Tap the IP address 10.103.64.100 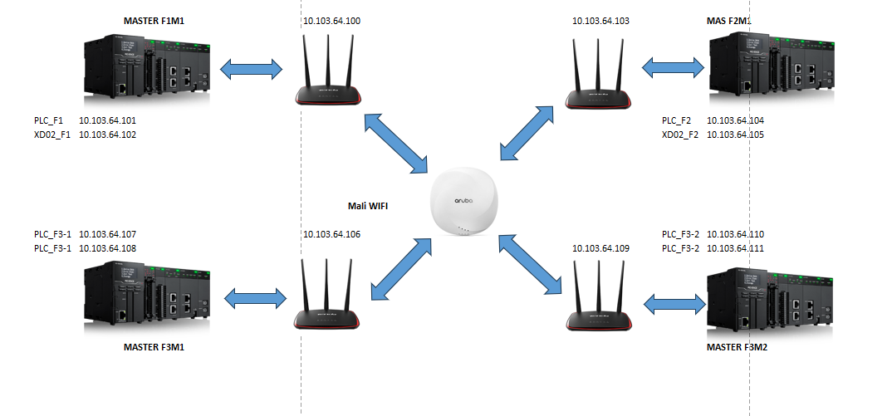coord(332,21)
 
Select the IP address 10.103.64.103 coord(600,21)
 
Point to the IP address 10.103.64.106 coord(332,234)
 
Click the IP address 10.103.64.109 coord(600,247)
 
